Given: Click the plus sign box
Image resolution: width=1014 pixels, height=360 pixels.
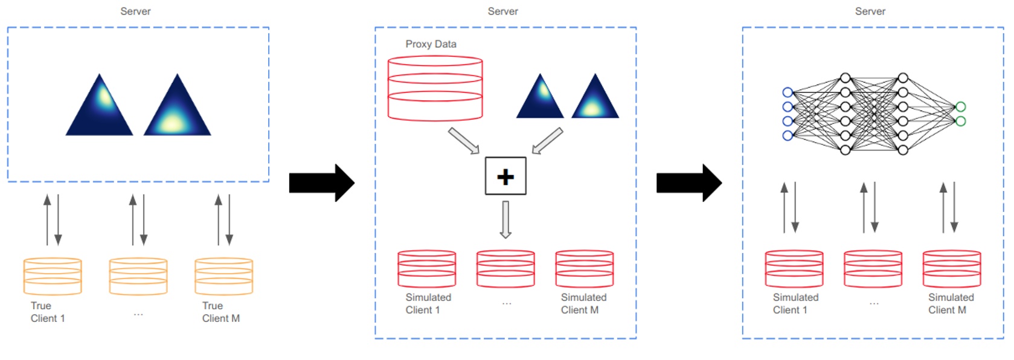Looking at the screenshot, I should pos(505,176).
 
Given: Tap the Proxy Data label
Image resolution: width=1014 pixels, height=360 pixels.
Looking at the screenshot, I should pos(431,44).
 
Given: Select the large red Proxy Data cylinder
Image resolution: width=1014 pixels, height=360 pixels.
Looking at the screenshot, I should pos(435,88).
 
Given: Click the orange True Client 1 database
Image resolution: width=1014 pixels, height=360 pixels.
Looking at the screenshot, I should pos(53,276).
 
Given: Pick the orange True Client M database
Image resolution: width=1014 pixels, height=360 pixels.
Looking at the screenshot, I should pos(223,276).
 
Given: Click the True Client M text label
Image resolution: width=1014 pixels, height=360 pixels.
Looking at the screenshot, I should pos(220,312).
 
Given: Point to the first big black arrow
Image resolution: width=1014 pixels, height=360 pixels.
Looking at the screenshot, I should pos(321,182).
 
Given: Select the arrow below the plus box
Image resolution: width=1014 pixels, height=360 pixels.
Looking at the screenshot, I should pos(505,219).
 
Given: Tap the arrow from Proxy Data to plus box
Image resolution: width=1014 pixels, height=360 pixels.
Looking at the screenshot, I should pos(463,141).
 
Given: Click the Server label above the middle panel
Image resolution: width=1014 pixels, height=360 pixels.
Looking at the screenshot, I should pos(502,11).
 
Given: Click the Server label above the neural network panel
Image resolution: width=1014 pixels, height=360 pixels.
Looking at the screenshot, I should pos(870,11).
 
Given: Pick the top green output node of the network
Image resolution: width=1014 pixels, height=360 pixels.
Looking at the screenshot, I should pos(960,107).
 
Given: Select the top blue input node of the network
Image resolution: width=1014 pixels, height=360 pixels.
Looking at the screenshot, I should pos(787,92).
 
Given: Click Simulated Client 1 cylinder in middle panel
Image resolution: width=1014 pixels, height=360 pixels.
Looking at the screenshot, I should pos(426,269).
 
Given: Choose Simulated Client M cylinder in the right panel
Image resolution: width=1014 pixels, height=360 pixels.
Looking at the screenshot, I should pos(951,269).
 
